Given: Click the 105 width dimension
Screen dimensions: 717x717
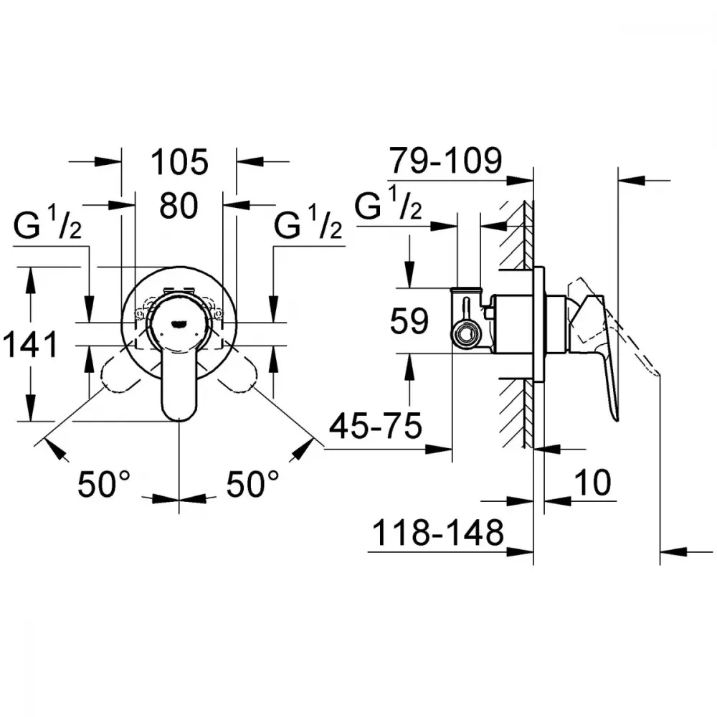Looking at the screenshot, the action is [179, 162].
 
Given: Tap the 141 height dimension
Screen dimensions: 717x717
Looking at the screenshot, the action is [31, 344].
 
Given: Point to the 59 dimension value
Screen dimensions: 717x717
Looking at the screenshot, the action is [409, 320].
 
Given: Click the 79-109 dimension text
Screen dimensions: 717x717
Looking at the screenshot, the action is [445, 161].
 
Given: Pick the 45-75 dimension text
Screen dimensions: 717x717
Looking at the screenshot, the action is [376, 426].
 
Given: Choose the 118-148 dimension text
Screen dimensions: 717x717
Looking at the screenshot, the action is [438, 533].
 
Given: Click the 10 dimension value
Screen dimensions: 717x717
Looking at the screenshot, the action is [592, 482].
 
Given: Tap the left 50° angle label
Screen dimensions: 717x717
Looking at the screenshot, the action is [104, 484].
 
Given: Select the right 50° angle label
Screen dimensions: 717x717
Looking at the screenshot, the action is [252, 484].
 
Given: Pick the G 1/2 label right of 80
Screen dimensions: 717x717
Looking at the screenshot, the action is [308, 223].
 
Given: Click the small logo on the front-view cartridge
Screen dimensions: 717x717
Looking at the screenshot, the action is [178, 325].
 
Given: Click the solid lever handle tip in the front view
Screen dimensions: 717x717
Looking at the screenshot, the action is [179, 414].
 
